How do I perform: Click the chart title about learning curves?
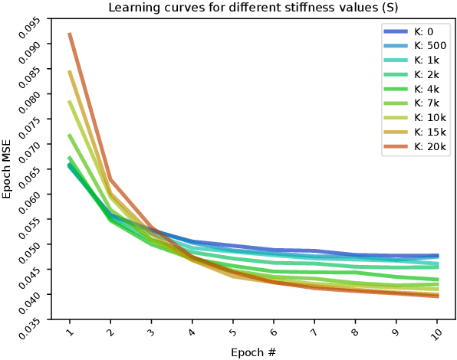coord(248,8)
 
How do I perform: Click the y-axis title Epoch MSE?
coord(7,169)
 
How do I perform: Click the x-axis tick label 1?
coord(69,333)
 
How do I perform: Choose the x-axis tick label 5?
coord(232,333)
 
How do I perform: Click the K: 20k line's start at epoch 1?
coord(70,34)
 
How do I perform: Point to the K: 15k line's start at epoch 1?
coord(70,71)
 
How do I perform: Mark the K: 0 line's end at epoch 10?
coord(438,256)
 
